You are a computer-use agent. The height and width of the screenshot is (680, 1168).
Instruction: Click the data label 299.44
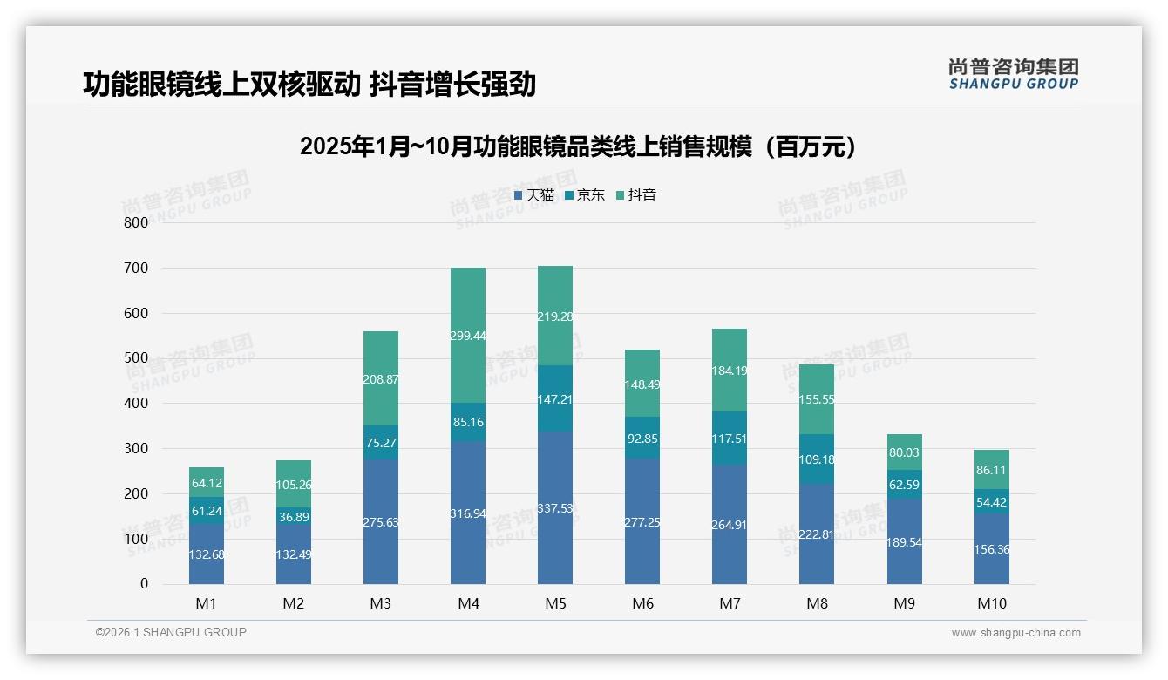[468, 336]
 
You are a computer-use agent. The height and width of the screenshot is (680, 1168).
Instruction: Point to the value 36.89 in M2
[294, 517]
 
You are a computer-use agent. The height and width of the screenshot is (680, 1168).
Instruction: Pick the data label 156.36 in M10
[992, 549]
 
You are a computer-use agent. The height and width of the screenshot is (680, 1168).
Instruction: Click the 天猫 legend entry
[534, 195]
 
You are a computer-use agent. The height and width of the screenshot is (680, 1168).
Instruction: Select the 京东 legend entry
[585, 195]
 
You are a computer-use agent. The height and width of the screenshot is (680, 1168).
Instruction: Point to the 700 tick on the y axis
[137, 268]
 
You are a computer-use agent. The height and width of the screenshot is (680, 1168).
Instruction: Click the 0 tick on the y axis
[144, 584]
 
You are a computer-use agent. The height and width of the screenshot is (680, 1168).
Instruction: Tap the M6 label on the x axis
[642, 603]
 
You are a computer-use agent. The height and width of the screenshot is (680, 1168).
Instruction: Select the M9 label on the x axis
[904, 603]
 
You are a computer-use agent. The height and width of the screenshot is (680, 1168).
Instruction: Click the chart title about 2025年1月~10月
[578, 146]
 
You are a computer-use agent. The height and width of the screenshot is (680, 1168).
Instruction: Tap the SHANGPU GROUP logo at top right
[1013, 74]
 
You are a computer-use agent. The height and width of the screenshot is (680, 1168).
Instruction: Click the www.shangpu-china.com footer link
[1015, 633]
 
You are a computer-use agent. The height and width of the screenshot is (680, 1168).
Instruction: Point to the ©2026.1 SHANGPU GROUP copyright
[171, 632]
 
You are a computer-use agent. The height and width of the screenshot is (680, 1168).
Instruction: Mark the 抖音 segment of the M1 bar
[207, 482]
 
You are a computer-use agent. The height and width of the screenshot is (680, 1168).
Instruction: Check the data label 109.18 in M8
[817, 459]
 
